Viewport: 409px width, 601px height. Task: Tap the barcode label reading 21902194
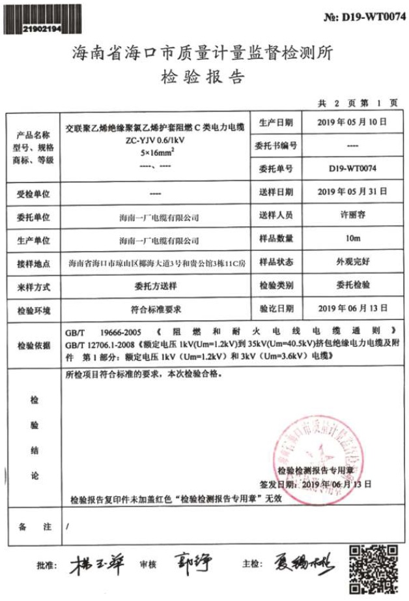pyautogui.click(x=41, y=29)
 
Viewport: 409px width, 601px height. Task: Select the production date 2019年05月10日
pyautogui.click(x=352, y=122)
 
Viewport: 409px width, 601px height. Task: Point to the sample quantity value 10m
pyautogui.click(x=352, y=238)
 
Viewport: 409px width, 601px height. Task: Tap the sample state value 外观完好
pyautogui.click(x=352, y=262)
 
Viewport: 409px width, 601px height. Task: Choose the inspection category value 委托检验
pyautogui.click(x=352, y=286)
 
